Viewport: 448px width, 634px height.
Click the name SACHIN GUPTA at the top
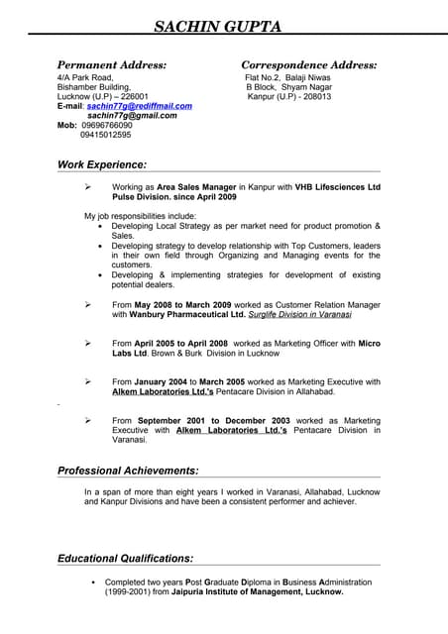(x=224, y=25)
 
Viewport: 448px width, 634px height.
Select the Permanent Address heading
(x=111, y=64)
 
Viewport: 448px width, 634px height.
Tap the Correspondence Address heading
(x=308, y=64)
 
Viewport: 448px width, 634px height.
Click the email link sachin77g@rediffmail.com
(x=139, y=106)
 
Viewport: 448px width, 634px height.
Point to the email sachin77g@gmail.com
(x=132, y=115)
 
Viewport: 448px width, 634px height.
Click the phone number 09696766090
(x=106, y=125)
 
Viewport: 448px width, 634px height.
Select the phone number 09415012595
(x=106, y=135)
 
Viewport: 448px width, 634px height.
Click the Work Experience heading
(x=102, y=164)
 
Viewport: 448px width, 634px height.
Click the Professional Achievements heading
(x=128, y=471)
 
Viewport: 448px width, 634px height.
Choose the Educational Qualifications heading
(x=125, y=558)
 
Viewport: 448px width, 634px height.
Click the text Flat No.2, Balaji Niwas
(x=288, y=77)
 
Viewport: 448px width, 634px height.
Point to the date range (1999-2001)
(x=130, y=591)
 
